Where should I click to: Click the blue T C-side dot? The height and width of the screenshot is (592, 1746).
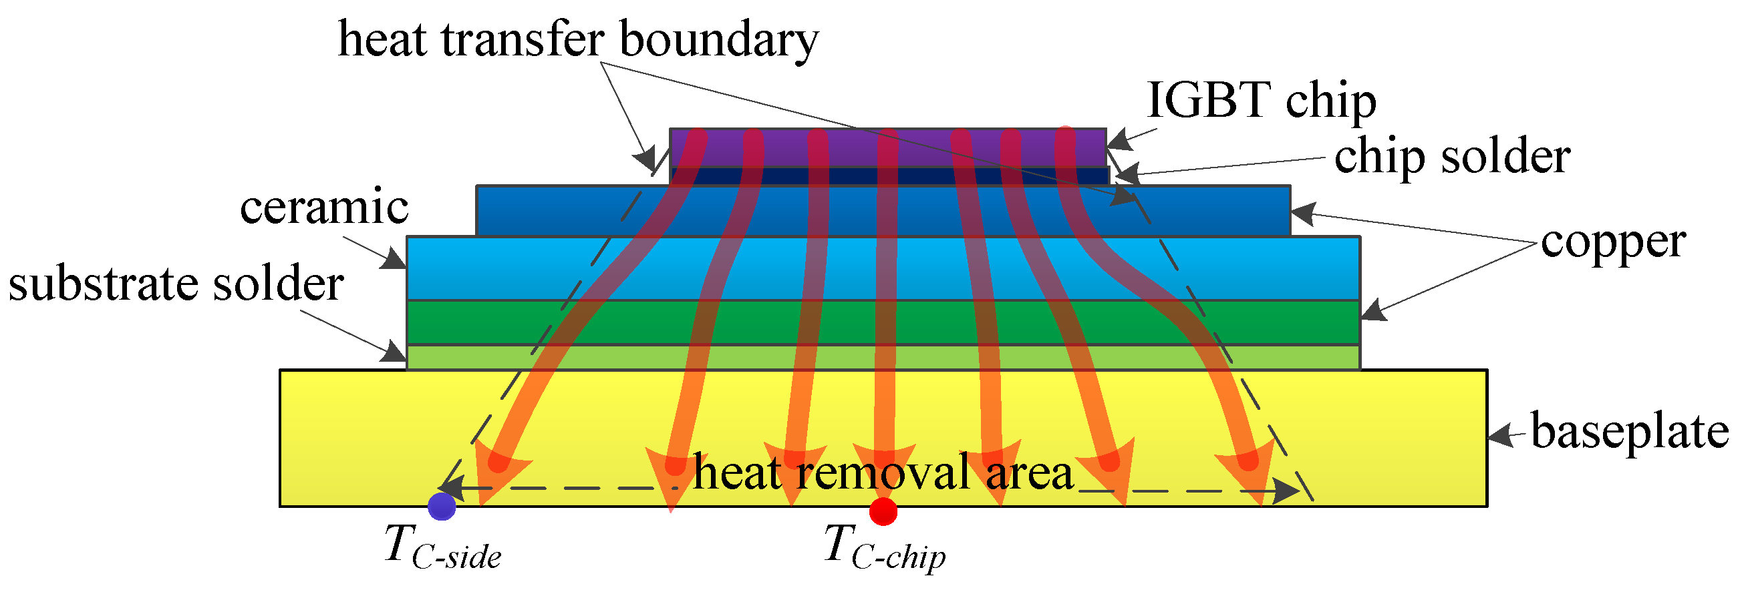coord(442,506)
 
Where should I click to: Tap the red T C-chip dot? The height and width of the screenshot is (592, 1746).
coord(883,511)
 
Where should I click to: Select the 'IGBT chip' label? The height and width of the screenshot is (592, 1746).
coord(1261,101)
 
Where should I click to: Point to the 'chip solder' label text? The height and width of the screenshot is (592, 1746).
coord(1452,157)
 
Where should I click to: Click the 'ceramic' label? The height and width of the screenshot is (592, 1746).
coord(324,207)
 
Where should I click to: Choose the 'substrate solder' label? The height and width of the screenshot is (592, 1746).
coord(176,284)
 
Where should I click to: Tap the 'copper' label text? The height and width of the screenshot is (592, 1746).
coord(1613,242)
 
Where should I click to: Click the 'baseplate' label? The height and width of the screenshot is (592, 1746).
coord(1630,431)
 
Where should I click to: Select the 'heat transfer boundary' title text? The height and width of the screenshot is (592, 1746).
coord(577,39)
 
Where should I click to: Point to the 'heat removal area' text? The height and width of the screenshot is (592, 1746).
coord(883,472)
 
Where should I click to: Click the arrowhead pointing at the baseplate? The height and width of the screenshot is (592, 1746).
coord(1501,436)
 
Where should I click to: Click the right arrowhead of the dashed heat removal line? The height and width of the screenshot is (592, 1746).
coord(1286,489)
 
